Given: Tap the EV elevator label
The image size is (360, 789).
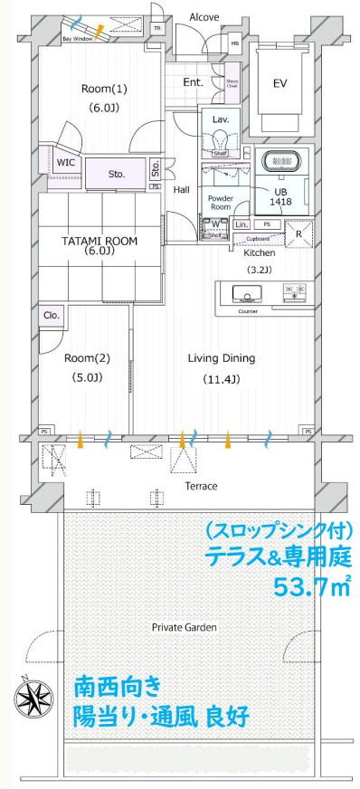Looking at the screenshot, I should pos(280,83).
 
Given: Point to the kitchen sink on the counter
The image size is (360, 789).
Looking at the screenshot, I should pos(247,293).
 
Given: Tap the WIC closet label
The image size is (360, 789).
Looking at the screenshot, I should pos(65,163).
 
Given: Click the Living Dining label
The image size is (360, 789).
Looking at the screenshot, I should pos(221,358).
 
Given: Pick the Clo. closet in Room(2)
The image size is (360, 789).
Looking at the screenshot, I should pos(51,316).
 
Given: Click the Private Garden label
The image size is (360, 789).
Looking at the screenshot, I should pos(184,626).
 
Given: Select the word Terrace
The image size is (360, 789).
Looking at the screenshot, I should pos(200,486).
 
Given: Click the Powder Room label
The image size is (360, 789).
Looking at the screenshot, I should pos(221,202).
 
